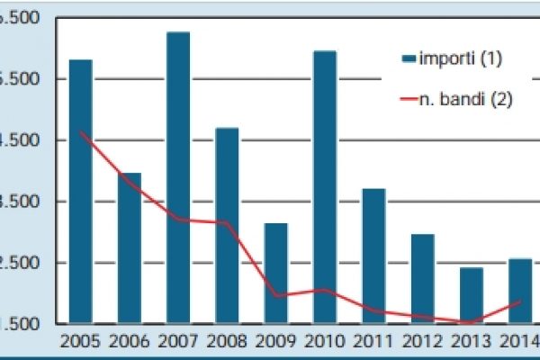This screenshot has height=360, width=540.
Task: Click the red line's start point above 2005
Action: (x=81, y=132)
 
